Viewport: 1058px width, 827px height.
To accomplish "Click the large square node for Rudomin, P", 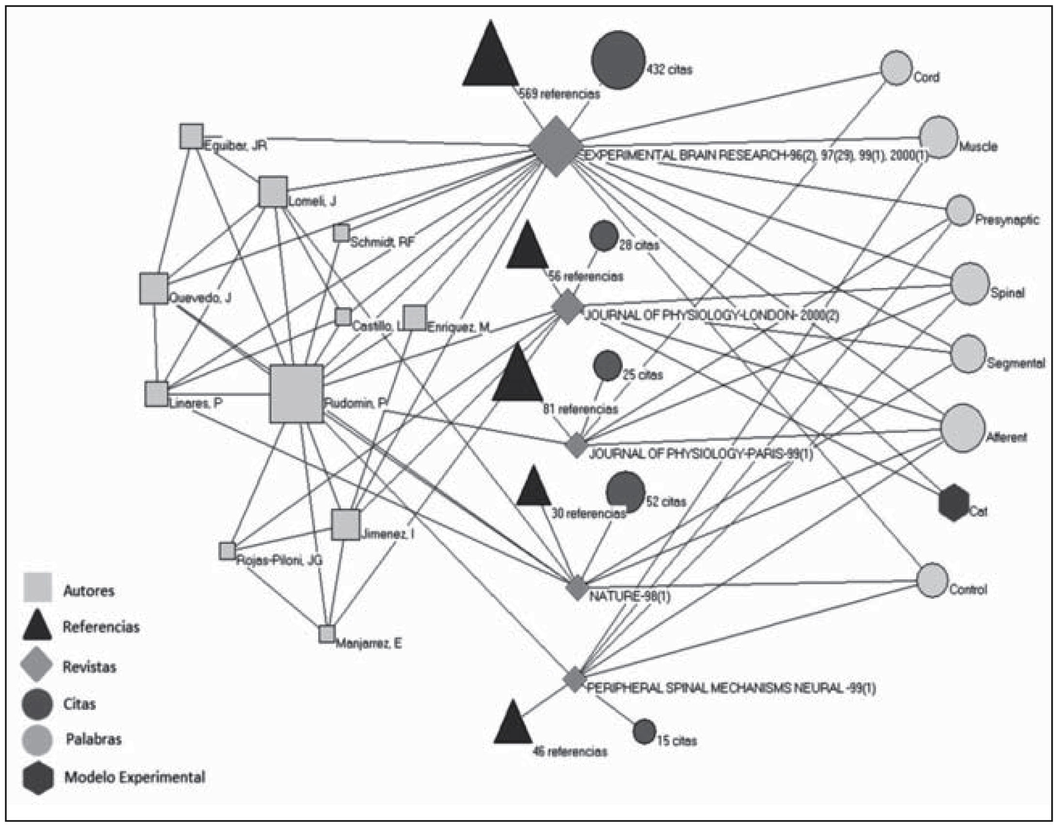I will [297, 393].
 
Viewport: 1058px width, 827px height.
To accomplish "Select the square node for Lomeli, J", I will [273, 192].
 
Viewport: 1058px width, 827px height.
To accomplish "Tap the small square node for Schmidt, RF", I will [341, 233].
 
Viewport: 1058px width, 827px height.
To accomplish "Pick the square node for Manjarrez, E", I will [327, 634].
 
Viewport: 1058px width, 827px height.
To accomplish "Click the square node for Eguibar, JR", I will [191, 136].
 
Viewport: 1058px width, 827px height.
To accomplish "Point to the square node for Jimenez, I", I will [346, 524].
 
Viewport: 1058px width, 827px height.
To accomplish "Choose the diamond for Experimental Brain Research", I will [556, 145].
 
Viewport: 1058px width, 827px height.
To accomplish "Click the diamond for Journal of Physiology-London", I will [568, 306].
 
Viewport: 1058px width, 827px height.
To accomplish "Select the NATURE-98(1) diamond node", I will [576, 588].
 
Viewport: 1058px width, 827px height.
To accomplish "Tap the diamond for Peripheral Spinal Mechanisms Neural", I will [574, 679].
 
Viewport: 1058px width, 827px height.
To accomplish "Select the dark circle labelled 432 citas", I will [618, 60].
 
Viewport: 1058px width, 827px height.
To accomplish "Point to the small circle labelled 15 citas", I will [644, 732].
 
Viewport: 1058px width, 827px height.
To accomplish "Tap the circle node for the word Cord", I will [896, 68].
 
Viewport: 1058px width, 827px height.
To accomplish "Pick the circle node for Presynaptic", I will [960, 211].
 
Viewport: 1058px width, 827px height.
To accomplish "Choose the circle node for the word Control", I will [932, 580].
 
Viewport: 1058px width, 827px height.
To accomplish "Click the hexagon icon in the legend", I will [38, 778].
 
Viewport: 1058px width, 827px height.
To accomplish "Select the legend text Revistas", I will [90, 667].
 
